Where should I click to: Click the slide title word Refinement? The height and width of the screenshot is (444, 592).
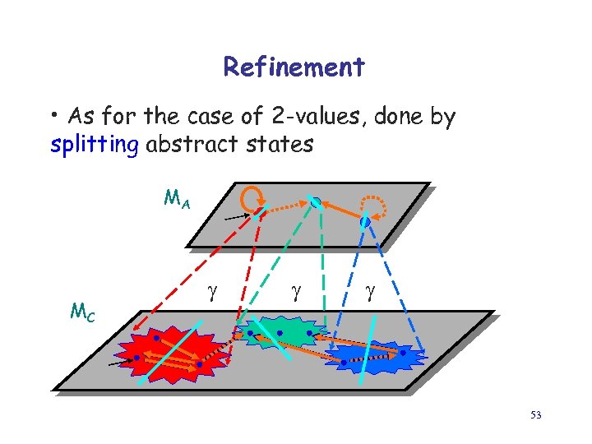tap(294, 67)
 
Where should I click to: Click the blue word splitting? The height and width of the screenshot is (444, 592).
tap(95, 146)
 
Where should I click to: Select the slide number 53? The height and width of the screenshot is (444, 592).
tap(535, 415)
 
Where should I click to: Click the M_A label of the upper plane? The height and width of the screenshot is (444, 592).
tap(177, 198)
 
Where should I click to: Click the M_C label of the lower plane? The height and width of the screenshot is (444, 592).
tap(82, 312)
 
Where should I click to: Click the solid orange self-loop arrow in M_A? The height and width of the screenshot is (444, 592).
tap(251, 197)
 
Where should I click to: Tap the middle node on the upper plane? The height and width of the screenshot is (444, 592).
tap(315, 201)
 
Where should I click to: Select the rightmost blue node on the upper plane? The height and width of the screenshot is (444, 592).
tap(365, 221)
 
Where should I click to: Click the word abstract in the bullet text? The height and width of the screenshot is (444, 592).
tap(183, 146)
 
